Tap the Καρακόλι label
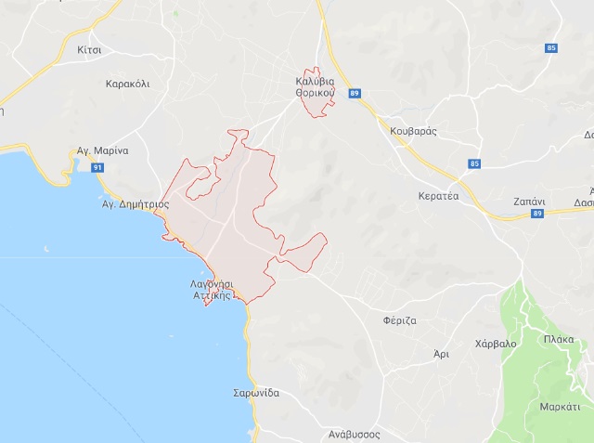pyautogui.click(x=128, y=84)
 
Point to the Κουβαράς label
pyautogui.click(x=414, y=132)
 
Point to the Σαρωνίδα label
pyautogui.click(x=256, y=393)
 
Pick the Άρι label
pyautogui.click(x=442, y=354)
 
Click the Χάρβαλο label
pyautogui.click(x=495, y=344)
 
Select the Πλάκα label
pyautogui.click(x=560, y=340)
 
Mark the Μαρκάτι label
pyautogui.click(x=560, y=407)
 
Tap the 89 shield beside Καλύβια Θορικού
pyautogui.click(x=355, y=94)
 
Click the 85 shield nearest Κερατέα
pyautogui.click(x=475, y=164)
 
